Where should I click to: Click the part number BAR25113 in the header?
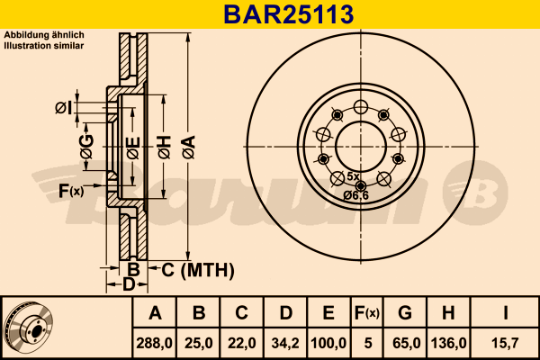269,13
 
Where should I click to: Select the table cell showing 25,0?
199,342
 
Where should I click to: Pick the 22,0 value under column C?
242,342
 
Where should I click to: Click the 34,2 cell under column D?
285,342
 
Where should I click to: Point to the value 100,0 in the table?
328,342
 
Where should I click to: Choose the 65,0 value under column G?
405,342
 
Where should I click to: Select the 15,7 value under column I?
506,342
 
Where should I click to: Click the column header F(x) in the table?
366,314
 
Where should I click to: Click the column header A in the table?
155,314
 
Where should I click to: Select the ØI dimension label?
62,109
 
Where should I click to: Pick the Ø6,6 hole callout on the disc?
356,195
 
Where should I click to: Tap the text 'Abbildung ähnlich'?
44,35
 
